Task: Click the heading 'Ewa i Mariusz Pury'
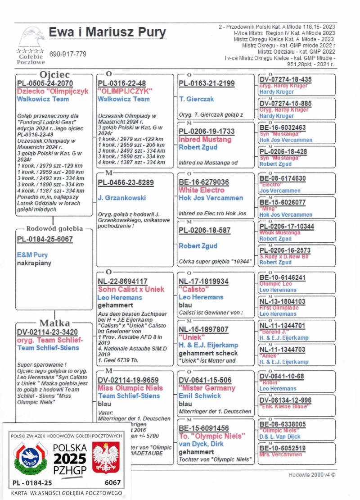click(x=107, y=33)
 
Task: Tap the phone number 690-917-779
click(x=67, y=54)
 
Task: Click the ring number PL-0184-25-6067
click(x=45, y=239)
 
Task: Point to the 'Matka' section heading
click(x=54, y=323)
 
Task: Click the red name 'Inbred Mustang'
click(x=205, y=139)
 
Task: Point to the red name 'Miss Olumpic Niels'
click(x=130, y=388)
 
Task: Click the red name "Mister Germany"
click(x=207, y=388)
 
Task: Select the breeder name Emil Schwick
click(x=200, y=395)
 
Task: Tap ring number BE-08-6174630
click(x=283, y=179)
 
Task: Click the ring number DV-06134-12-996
click(x=285, y=400)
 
